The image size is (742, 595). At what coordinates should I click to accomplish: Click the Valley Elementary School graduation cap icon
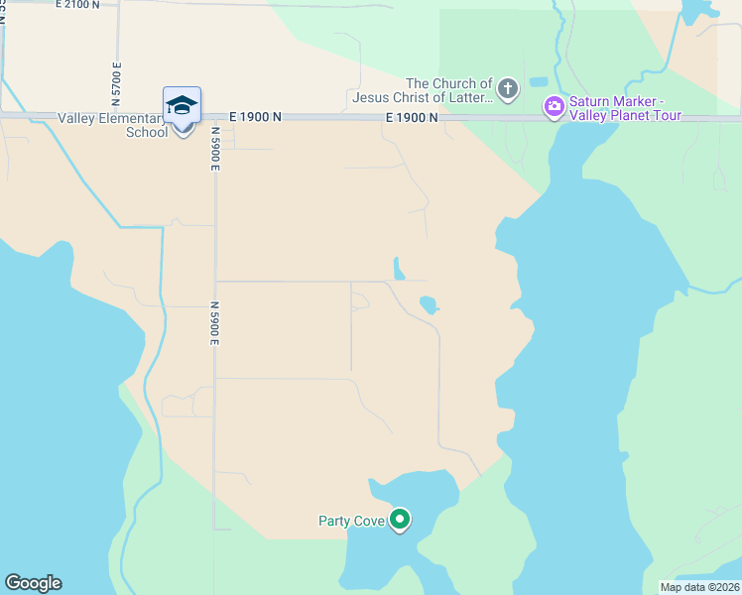(183, 105)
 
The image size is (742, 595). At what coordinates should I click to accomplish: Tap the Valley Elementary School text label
(112, 125)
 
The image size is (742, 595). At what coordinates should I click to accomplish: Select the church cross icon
(508, 90)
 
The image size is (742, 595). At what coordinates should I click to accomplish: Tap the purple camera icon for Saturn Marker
(554, 106)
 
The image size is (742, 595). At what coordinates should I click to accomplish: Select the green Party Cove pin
(400, 520)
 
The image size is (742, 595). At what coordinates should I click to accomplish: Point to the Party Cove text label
(350, 521)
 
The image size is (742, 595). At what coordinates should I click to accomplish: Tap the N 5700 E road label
(117, 78)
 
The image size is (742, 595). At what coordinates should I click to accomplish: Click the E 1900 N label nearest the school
(255, 116)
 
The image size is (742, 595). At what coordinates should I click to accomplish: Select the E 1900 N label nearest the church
(412, 117)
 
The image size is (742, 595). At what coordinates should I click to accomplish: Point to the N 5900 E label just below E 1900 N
(213, 153)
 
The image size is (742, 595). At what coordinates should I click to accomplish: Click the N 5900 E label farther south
(214, 324)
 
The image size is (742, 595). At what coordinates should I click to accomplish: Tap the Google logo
(33, 583)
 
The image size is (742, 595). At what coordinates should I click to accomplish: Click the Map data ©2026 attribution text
(699, 587)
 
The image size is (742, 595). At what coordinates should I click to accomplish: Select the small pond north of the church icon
(539, 81)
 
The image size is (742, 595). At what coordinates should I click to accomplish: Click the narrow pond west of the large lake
(399, 269)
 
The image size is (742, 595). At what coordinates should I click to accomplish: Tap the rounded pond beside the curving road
(429, 304)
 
